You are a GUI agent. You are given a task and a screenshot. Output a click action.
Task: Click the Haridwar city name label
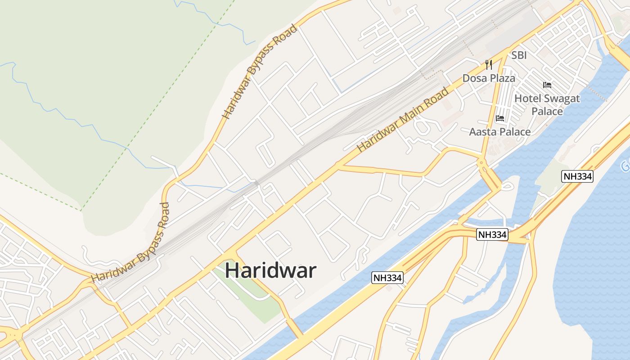[270, 270]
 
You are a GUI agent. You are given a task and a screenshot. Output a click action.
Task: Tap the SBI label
[519, 55]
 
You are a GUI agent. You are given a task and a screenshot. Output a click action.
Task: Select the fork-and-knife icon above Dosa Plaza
[489, 65]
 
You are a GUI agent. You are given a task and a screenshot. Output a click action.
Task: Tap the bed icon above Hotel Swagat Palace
[547, 85]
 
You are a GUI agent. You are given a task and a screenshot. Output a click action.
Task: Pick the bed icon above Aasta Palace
[500, 118]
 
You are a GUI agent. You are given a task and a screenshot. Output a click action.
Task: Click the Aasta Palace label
[500, 132]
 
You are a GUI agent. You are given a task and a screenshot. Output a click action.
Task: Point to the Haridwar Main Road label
[403, 119]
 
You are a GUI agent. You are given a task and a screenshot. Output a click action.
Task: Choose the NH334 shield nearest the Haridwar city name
[387, 278]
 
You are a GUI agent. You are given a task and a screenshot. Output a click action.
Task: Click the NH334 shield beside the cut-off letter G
[578, 176]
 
